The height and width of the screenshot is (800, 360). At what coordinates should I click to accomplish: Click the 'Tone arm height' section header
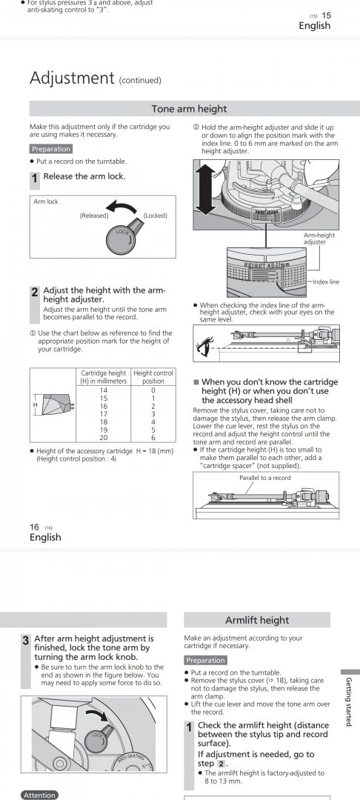click(x=189, y=109)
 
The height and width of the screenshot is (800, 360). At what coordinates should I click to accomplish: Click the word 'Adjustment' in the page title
click(x=72, y=78)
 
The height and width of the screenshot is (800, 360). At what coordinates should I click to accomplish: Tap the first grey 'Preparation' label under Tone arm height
click(x=51, y=149)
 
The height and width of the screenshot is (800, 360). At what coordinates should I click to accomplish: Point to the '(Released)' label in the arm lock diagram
click(x=94, y=216)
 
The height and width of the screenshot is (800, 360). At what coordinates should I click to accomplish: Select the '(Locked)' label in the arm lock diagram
click(x=155, y=216)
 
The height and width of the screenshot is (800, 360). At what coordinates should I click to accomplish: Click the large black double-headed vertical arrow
click(x=205, y=190)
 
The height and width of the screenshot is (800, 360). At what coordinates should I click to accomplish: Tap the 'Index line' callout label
click(x=326, y=281)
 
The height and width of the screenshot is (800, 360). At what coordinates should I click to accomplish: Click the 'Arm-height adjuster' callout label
click(x=320, y=239)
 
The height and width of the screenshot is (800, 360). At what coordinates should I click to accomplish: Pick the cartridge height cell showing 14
click(x=104, y=390)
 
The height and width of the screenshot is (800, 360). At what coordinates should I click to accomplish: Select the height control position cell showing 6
click(x=153, y=438)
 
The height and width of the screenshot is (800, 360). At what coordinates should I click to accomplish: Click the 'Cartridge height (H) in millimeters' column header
click(x=104, y=377)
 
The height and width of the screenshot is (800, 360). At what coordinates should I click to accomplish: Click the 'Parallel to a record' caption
click(x=265, y=478)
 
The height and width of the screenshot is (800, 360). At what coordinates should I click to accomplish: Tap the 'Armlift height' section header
click(x=257, y=621)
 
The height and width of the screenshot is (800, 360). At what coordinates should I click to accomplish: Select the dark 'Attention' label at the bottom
click(x=39, y=795)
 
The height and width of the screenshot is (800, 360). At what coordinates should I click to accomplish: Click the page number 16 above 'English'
click(x=34, y=527)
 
